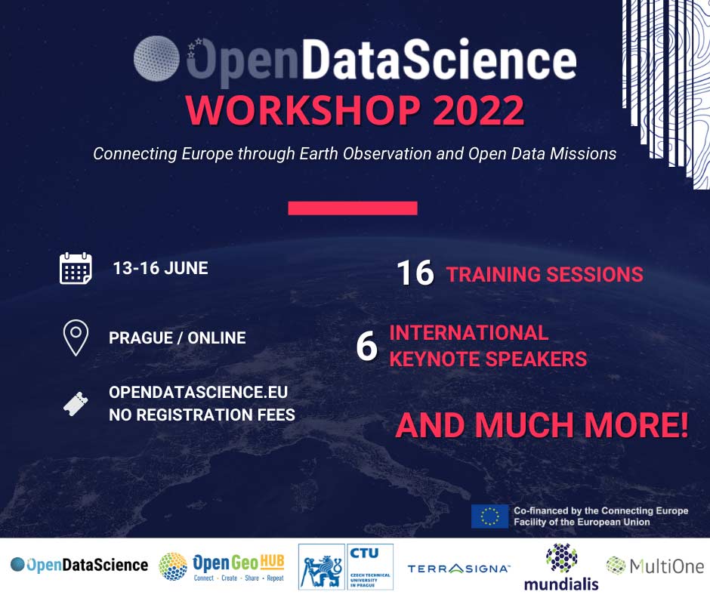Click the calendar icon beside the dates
[x=76, y=268]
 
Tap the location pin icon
[x=76, y=338]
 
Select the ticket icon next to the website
[x=76, y=404]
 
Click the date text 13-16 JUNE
[x=160, y=268]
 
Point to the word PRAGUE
[x=140, y=338]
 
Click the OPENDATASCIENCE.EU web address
[x=199, y=392]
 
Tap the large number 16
[x=415, y=273]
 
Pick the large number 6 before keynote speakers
[x=367, y=346]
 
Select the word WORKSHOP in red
[x=303, y=110]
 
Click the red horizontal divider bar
[x=353, y=208]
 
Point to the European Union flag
[x=489, y=516]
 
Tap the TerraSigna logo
[x=458, y=569]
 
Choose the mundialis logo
[x=561, y=567]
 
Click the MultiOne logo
[x=655, y=566]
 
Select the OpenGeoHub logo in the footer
[x=222, y=566]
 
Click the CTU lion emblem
[x=322, y=567]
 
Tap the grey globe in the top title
[x=156, y=58]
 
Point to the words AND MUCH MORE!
[x=542, y=425]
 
